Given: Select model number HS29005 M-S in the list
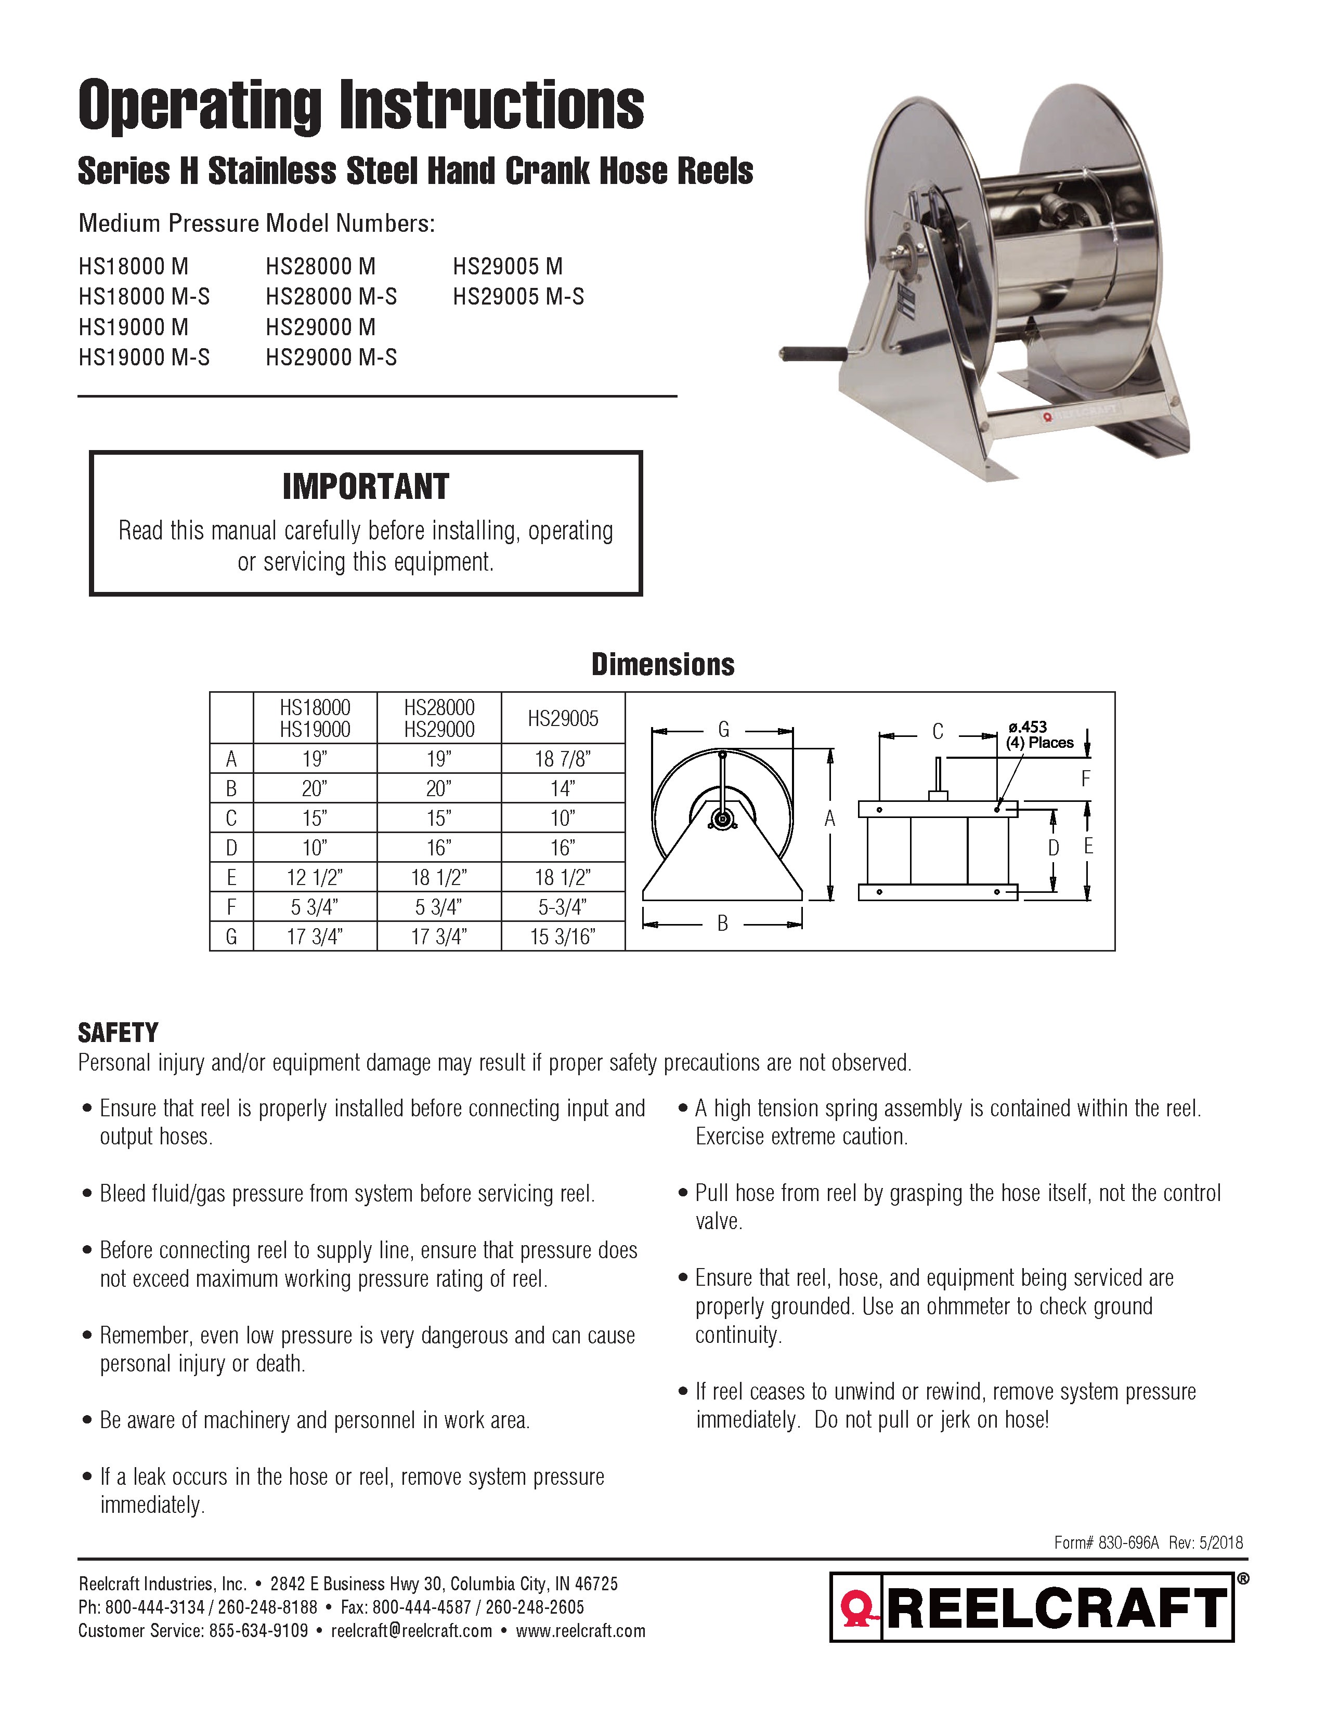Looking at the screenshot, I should coord(518,297).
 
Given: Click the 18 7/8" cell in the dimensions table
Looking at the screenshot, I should coord(563,759).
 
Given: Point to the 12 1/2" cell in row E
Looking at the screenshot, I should coord(314,877).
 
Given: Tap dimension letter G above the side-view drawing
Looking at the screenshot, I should coord(723,730).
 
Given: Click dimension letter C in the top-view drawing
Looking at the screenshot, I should coord(937,732).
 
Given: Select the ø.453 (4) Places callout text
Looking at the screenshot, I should coord(1039,735).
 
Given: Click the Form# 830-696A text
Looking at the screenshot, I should coord(1106,1543).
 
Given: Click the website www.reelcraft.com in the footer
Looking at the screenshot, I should coord(580,1631).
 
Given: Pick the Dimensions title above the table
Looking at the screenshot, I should coord(662,664).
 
